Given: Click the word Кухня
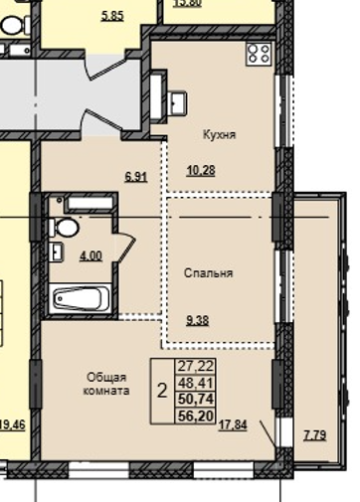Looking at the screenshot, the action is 219,135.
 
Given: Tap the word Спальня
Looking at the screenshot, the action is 209,273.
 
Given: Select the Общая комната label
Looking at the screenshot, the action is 106,384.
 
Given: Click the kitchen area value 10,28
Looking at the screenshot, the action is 201,171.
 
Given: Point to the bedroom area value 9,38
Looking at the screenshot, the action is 198,321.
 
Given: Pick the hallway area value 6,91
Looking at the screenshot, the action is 136,177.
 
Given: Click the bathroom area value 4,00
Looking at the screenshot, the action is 90,256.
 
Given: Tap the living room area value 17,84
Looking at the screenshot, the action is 233,425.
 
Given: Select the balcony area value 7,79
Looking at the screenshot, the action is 315,435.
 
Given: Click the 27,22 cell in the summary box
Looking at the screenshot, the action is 196,366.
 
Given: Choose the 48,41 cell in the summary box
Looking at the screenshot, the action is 196,383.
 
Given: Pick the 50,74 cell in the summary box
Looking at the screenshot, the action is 196,399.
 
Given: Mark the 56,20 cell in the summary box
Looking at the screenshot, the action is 196,416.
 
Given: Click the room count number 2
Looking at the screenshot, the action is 162,391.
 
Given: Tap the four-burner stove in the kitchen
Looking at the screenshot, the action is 259,54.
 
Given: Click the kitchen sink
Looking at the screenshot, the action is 178,103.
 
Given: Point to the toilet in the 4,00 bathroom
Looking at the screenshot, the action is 65,228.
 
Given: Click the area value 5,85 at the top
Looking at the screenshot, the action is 112,16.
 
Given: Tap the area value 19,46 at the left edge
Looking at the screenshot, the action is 12,424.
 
